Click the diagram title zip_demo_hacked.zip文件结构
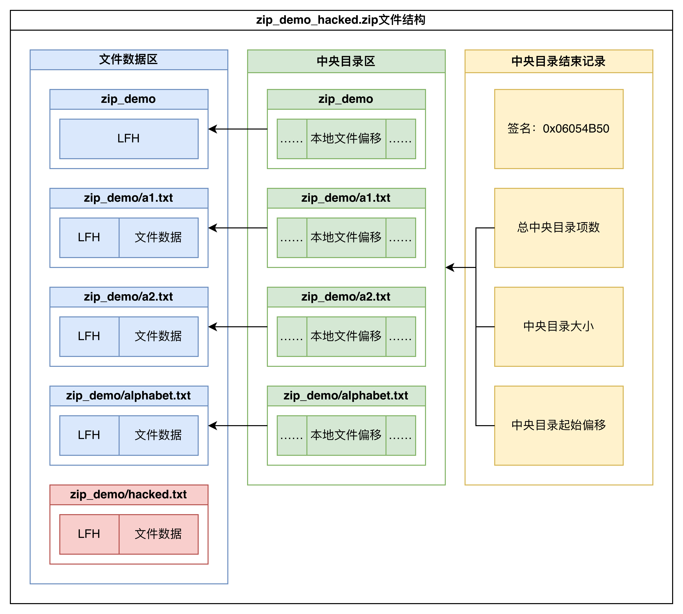(341, 20)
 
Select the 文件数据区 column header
(128, 60)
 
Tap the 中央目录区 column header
(346, 61)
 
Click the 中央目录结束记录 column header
(558, 61)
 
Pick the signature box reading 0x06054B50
(558, 129)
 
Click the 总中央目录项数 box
(558, 228)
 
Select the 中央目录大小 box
(558, 327)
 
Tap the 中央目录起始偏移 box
(558, 425)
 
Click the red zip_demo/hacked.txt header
(128, 495)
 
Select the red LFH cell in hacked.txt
(89, 534)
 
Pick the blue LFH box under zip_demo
(128, 139)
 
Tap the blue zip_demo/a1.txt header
(128, 198)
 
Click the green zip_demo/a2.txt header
(346, 297)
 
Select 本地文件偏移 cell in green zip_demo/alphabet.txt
(346, 435)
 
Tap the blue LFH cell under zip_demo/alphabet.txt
(89, 435)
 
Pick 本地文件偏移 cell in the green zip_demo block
(346, 139)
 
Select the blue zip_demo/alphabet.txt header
(128, 396)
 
